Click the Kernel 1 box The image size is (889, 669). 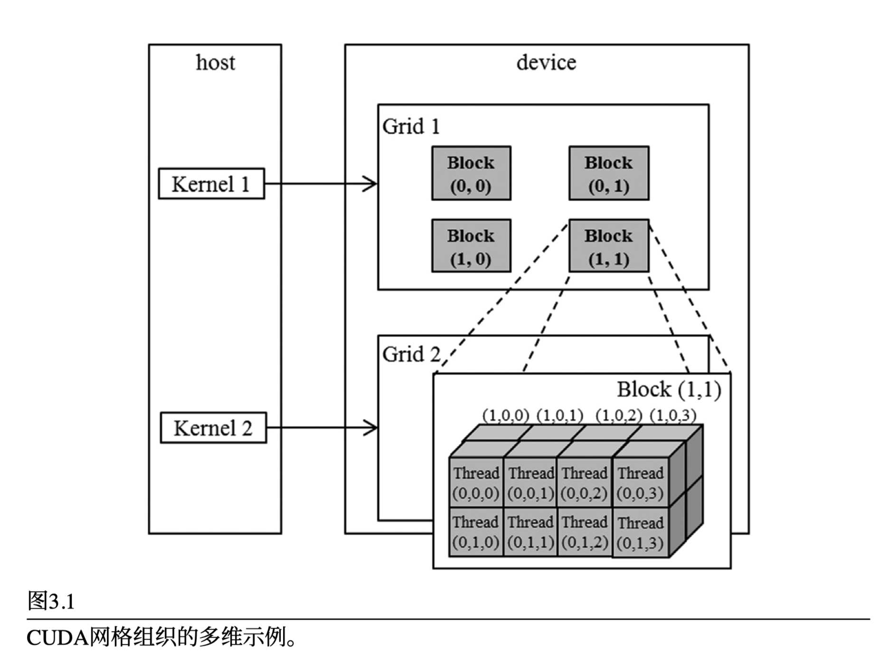(x=211, y=184)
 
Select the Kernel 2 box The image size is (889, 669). (x=213, y=428)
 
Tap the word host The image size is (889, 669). (x=215, y=63)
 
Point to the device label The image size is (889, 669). (x=546, y=63)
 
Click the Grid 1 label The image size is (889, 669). (x=411, y=126)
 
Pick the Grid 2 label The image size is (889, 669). (x=411, y=354)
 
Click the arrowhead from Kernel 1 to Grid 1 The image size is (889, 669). (x=370, y=184)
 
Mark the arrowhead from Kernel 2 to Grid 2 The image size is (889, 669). (x=371, y=428)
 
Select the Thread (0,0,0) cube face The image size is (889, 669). (x=476, y=483)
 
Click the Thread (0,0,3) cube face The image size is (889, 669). (x=640, y=483)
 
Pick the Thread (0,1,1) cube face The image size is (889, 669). (x=530, y=532)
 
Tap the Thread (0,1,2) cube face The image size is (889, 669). (x=585, y=532)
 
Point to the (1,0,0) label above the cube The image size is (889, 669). (x=506, y=416)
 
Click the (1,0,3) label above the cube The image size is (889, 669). (x=673, y=416)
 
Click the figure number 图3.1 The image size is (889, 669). (x=51, y=602)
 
